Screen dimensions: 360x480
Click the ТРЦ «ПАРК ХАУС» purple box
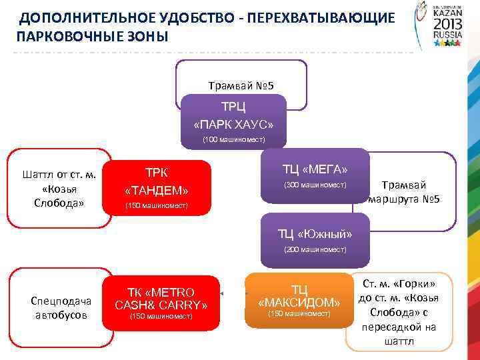click(x=233, y=116)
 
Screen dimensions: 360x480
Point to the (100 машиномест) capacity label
click(x=233, y=140)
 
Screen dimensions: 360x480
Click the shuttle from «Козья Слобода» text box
click(x=59, y=189)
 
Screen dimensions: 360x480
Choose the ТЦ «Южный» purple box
click(x=315, y=235)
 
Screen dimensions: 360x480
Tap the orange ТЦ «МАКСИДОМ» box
click(x=299, y=300)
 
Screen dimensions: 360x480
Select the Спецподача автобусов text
click(x=61, y=307)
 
